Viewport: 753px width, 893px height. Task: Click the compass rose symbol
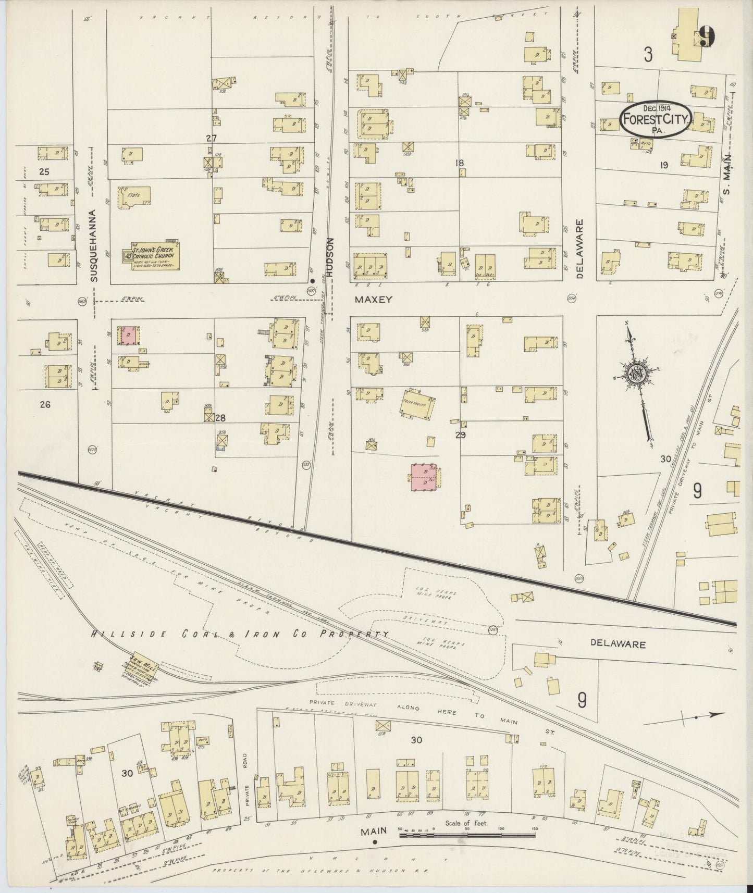(x=637, y=373)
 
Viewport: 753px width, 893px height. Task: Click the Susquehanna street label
(x=94, y=245)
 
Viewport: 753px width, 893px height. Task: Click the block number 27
(x=211, y=138)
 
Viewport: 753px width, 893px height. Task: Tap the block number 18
(x=459, y=163)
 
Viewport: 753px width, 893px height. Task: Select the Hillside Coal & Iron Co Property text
(x=240, y=634)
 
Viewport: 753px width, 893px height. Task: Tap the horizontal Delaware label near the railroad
(x=618, y=644)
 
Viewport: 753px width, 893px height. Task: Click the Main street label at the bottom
(x=374, y=832)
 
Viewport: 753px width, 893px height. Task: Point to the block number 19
(x=663, y=165)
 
